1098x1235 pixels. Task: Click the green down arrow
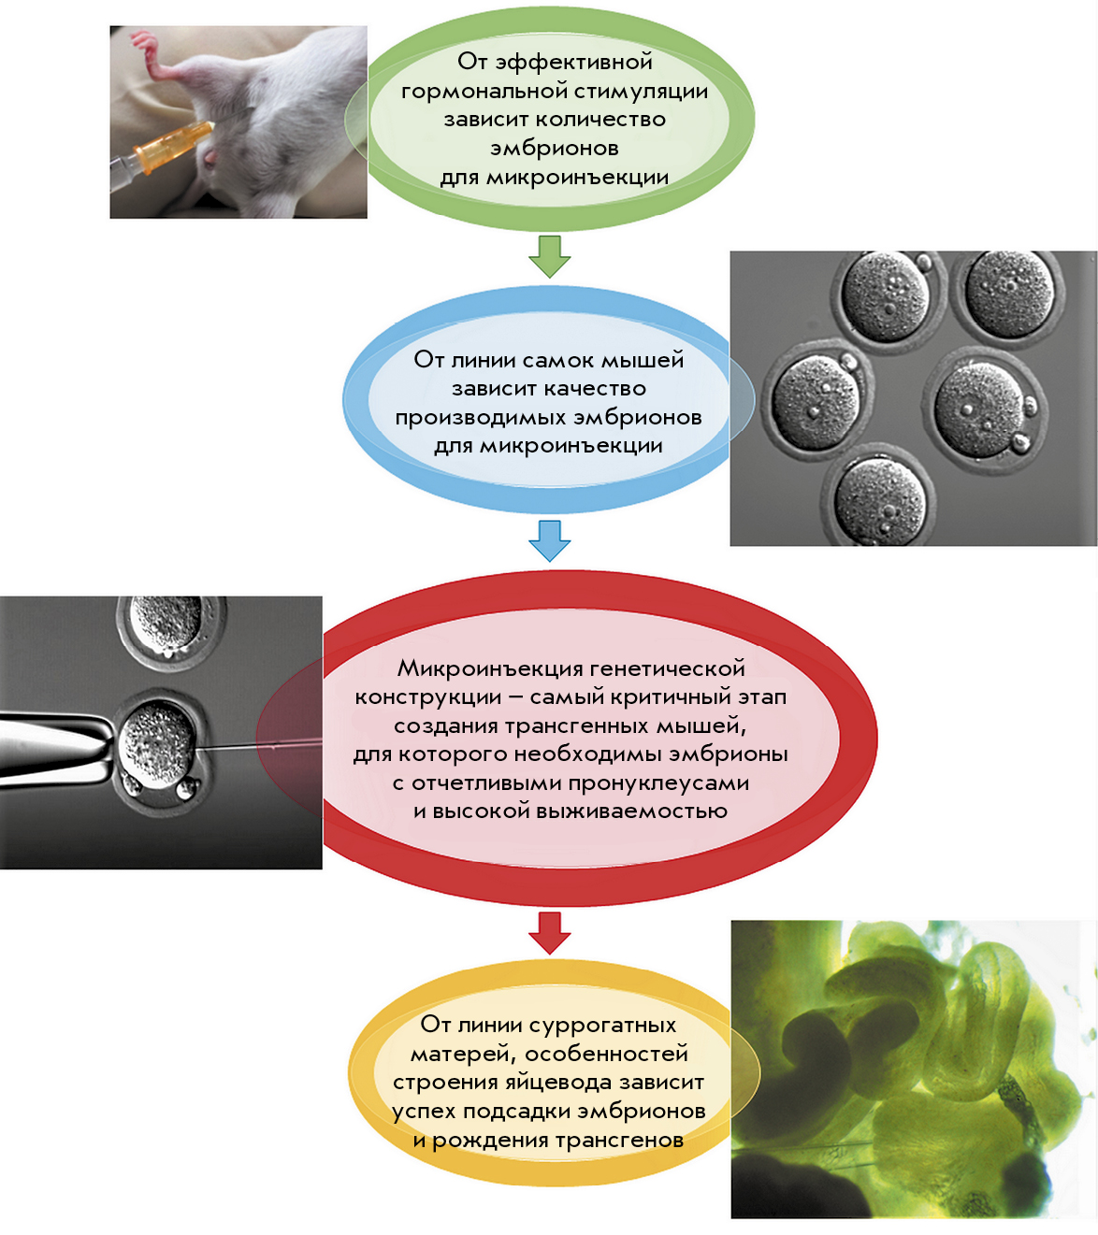coord(549,257)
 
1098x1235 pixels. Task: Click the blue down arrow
coord(549,540)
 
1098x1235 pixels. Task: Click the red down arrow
coord(549,933)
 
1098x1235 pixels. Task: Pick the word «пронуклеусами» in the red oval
coord(658,783)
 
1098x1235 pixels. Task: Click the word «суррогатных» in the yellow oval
coord(602,1025)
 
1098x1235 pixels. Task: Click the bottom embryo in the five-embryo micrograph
coord(879,495)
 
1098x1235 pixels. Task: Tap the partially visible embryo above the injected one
coord(172,630)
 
